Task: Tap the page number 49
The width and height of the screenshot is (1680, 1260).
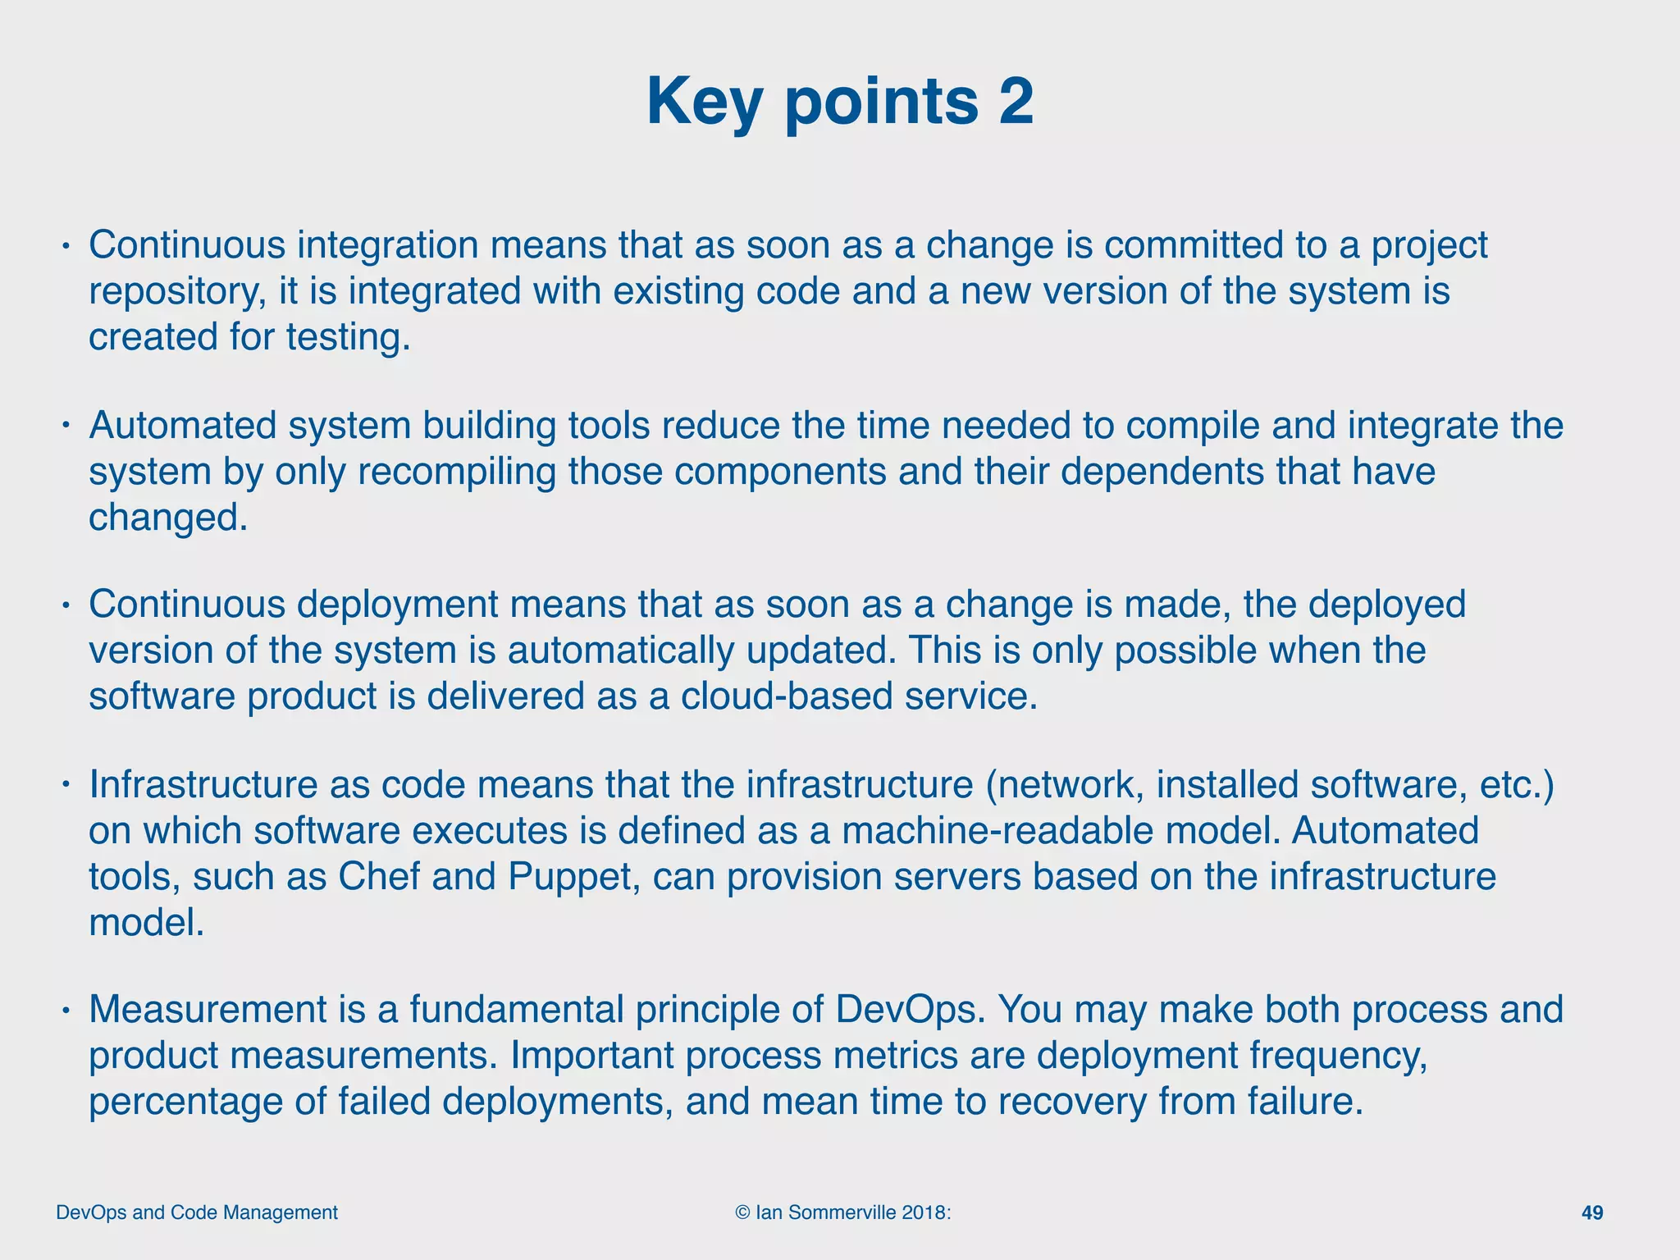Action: pyautogui.click(x=1591, y=1212)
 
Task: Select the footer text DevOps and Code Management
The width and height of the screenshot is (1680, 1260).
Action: pyautogui.click(x=197, y=1212)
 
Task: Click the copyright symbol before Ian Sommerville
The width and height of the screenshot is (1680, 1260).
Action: pyautogui.click(x=743, y=1212)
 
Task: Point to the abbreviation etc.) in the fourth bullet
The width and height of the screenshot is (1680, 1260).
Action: pyautogui.click(x=1517, y=785)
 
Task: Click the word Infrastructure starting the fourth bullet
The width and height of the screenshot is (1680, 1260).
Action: pyautogui.click(x=203, y=785)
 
